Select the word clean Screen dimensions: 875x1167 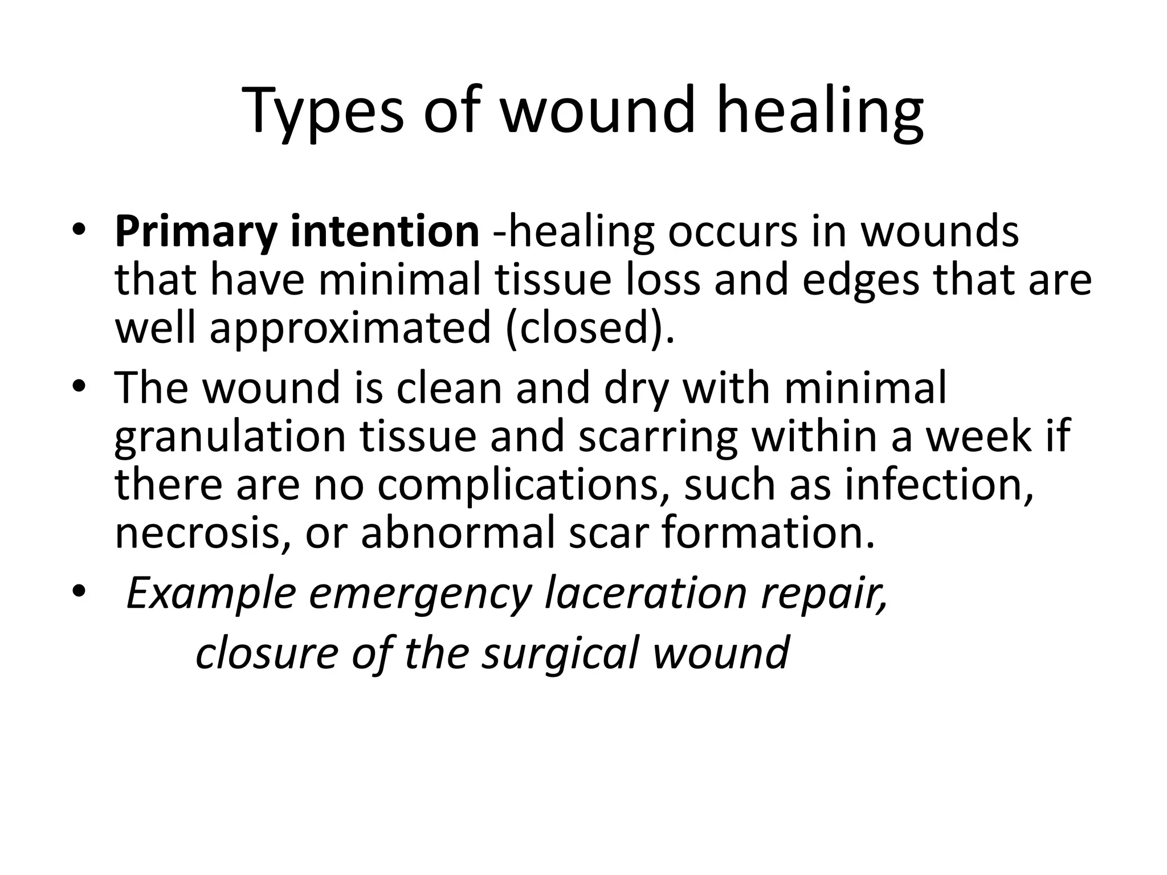[x=449, y=387]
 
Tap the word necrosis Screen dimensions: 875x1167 [x=203, y=533]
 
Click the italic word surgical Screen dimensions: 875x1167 [x=562, y=653]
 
